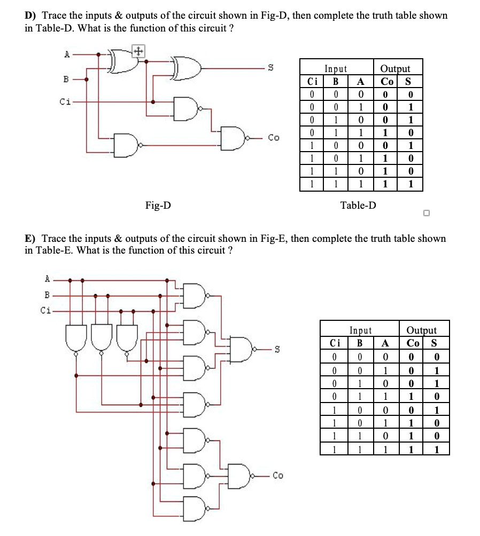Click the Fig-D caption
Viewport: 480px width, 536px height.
pos(158,205)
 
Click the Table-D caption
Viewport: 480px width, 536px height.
pos(358,205)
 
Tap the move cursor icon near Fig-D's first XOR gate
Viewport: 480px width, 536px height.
pos(138,51)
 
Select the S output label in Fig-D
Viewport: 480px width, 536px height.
pos(270,68)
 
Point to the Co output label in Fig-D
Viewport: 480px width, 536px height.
pos(274,137)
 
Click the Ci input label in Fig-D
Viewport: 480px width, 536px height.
pos(65,101)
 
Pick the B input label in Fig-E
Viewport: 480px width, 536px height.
pos(47,295)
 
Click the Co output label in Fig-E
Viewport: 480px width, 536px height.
pos(277,476)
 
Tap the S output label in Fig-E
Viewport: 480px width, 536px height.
pos(277,349)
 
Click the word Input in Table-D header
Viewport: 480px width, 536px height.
pos(336,69)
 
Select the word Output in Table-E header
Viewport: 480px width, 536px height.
pos(421,330)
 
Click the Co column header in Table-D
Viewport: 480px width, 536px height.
pos(387,81)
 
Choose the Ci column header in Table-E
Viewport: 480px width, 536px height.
pos(335,343)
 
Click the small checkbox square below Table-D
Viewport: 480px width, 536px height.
pos(426,214)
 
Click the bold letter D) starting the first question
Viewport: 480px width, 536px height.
pos(30,15)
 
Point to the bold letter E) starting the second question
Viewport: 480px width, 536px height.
pos(30,238)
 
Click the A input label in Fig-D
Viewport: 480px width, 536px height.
pos(67,54)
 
